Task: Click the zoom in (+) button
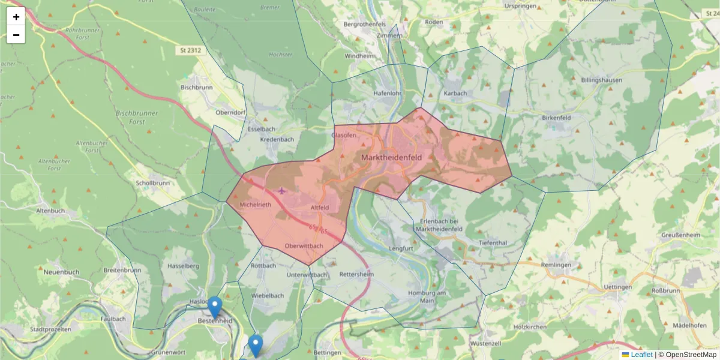pos(16,17)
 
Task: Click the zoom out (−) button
pos(16,35)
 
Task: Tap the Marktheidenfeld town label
pos(391,157)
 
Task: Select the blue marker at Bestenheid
pos(214,307)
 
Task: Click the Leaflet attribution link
pos(641,355)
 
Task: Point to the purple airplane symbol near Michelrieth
pos(282,191)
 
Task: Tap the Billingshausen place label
pos(601,80)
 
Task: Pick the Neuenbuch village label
pos(61,272)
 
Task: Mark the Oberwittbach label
pos(304,246)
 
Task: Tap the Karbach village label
pos(455,94)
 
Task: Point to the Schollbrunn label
pos(152,183)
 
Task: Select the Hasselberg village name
pos(184,265)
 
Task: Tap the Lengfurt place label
pos(401,248)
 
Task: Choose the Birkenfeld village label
pos(556,118)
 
